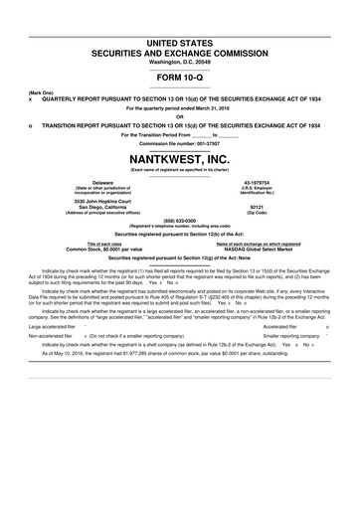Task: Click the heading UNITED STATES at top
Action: coord(180,9)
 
